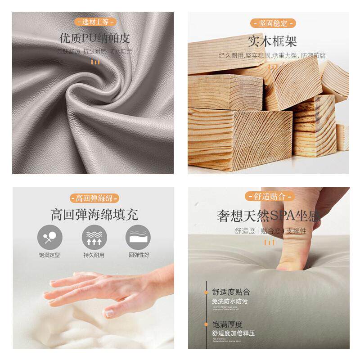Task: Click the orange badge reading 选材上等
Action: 94,22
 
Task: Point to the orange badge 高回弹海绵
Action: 94,198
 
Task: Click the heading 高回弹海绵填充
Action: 94,214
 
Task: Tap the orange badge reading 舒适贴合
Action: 270,196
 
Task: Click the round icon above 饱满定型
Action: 49,237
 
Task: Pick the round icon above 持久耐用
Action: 94,237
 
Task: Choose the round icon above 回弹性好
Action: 138,237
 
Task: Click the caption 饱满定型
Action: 49,255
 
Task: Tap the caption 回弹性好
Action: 139,255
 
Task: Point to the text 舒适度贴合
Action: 231,292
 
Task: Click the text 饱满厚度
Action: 227,324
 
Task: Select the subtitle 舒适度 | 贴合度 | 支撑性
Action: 270,231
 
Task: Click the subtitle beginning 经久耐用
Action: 272,56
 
